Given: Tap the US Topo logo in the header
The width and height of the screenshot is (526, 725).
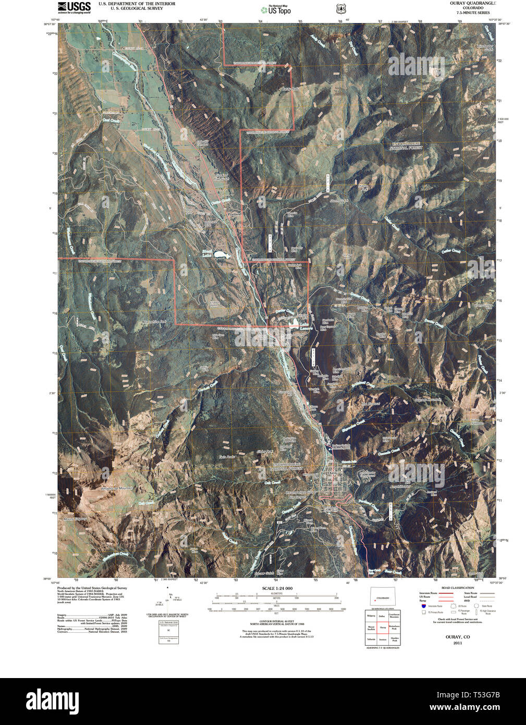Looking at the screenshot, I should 276,9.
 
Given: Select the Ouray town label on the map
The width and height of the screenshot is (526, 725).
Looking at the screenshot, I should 333,473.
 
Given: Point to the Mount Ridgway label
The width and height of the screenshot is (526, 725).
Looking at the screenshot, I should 75,519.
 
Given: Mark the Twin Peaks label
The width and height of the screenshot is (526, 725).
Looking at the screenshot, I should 227,456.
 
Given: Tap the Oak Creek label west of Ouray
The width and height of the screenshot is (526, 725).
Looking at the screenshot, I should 272,482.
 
